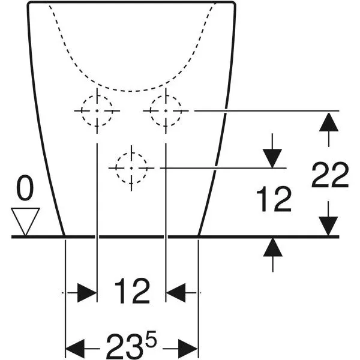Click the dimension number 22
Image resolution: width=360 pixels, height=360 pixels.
click(330, 175)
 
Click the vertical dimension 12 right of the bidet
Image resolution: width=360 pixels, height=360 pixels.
click(274, 199)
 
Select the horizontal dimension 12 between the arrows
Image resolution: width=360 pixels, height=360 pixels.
click(132, 291)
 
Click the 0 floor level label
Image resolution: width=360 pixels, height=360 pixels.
click(25, 187)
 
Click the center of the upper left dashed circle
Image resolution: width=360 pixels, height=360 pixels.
click(97, 111)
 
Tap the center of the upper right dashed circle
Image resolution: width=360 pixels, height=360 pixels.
click(166, 111)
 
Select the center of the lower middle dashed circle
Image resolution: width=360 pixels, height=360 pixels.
click(131, 168)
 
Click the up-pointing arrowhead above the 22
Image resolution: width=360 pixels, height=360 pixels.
click(329, 122)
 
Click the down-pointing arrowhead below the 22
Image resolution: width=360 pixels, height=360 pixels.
click(329, 226)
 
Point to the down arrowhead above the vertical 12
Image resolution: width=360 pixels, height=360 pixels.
click(272, 158)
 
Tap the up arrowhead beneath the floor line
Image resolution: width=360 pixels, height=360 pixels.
click(272, 247)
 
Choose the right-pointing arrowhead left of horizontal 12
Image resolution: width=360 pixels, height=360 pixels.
click(87, 293)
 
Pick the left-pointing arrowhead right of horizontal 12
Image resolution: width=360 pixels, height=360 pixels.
click(175, 293)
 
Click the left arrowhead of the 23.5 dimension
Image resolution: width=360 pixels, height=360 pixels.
click(75, 349)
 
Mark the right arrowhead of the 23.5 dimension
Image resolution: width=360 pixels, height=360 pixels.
click(188, 349)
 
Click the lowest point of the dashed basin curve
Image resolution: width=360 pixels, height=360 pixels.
click(131, 91)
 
